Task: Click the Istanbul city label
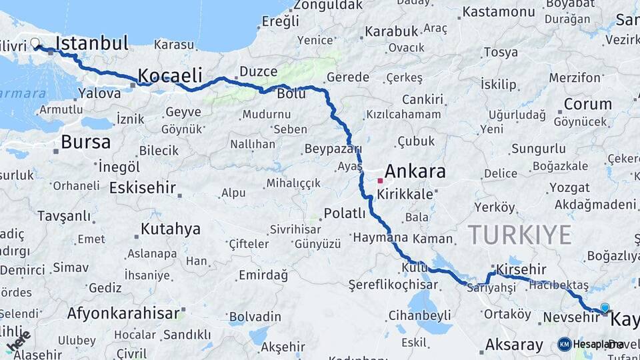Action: coord(92,44)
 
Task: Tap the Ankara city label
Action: coord(415,171)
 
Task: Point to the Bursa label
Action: coord(85,142)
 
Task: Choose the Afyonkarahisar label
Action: coord(123,313)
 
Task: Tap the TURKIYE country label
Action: coord(519,235)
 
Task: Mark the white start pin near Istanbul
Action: coord(35,44)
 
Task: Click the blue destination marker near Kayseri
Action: coord(605,308)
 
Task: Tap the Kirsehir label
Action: coord(521,269)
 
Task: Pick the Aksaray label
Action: coord(514,345)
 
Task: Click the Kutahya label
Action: coord(170,229)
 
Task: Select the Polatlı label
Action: coord(344,213)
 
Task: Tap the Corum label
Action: coord(587,104)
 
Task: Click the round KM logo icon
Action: coord(565,344)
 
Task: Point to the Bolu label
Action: coord(291,94)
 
